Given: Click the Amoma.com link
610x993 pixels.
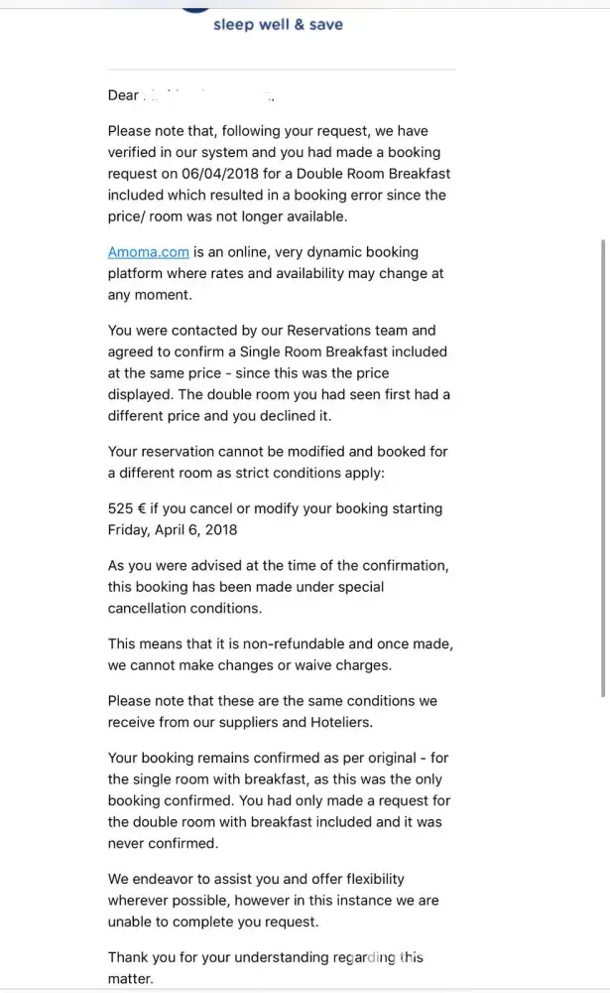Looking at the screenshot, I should (x=148, y=252).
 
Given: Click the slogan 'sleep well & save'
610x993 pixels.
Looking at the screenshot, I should (x=278, y=24).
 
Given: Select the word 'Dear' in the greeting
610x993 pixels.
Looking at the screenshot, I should (x=124, y=95).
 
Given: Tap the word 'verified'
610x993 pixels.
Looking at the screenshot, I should (x=136, y=152).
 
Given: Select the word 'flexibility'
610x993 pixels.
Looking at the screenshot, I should (x=367, y=879).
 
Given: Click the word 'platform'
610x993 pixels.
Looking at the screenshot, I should (x=138, y=274).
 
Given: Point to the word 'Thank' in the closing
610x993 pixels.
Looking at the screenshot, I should (x=130, y=957).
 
